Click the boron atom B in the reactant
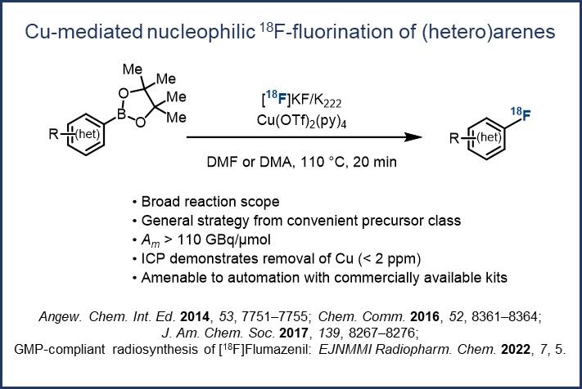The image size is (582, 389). (121, 114)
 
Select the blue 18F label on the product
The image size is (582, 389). (521, 114)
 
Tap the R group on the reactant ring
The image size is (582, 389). (53, 134)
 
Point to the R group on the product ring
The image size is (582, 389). (454, 138)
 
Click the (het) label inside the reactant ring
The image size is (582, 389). (88, 134)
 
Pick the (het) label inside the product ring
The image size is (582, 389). (489, 137)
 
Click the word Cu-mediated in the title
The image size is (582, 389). (83, 32)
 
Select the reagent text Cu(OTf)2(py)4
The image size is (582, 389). (301, 121)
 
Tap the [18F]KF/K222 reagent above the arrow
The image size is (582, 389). (301, 100)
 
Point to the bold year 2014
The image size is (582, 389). (195, 317)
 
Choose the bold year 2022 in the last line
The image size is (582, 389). (516, 349)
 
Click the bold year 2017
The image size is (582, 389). (294, 333)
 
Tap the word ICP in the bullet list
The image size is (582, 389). (152, 258)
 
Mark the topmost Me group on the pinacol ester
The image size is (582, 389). (133, 69)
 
